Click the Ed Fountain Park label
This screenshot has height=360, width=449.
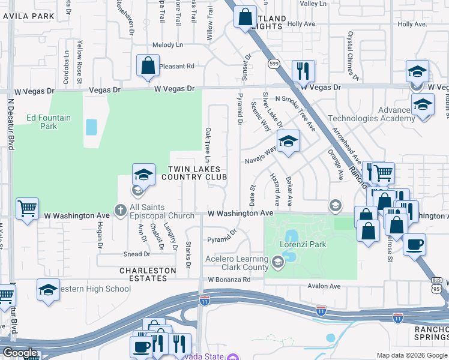click(49, 122)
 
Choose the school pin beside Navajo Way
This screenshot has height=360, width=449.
click(288, 142)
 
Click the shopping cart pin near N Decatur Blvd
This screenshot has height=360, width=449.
click(27, 209)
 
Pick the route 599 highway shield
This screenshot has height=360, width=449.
click(274, 63)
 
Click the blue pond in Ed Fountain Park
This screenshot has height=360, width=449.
click(91, 127)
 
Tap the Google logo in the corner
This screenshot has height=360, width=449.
click(20, 352)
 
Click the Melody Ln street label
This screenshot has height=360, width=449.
click(167, 45)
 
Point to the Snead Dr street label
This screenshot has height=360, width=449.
click(133, 254)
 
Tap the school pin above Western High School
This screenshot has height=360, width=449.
click(49, 289)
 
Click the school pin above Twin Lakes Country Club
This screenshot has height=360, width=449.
click(143, 175)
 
